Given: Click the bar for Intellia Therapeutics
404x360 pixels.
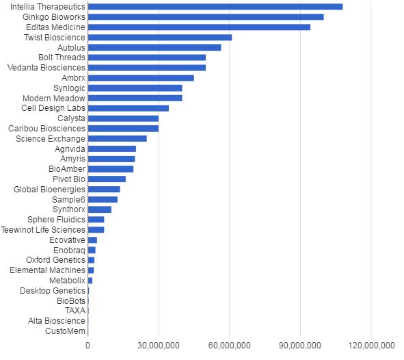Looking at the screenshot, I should tap(215, 7).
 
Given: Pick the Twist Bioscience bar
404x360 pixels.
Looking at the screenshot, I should tap(160, 37).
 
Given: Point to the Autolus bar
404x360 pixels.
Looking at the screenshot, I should tap(154, 47).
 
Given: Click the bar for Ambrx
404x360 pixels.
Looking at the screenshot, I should tap(141, 77).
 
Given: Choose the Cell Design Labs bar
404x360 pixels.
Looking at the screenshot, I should tap(129, 108).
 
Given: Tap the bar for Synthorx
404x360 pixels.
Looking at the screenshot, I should tap(100, 209).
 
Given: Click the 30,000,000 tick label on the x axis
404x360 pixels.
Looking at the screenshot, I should tap(158, 346).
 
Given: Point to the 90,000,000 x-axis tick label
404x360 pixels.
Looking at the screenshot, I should tap(299, 346).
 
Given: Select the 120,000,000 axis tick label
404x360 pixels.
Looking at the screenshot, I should tap(370, 346).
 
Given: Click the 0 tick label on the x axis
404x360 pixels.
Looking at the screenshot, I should tap(87, 346).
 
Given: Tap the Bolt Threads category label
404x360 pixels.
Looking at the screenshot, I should tap(62, 57).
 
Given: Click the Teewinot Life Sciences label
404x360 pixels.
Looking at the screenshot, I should tap(44, 230).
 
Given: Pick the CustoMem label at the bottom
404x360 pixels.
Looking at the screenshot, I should tap(66, 331).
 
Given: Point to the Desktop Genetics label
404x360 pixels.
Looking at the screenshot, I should tap(53, 290).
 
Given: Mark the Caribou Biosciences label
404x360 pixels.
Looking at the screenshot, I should tap(46, 128).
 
